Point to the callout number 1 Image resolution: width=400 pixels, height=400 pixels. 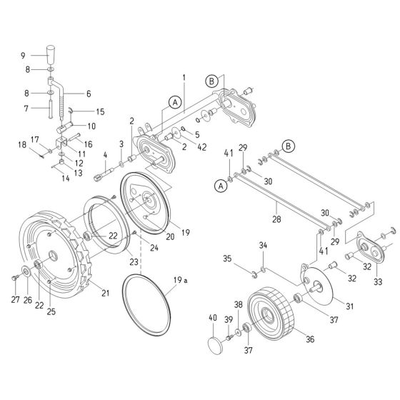coord(184,76)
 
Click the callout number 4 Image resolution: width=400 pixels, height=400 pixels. coord(106,156)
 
